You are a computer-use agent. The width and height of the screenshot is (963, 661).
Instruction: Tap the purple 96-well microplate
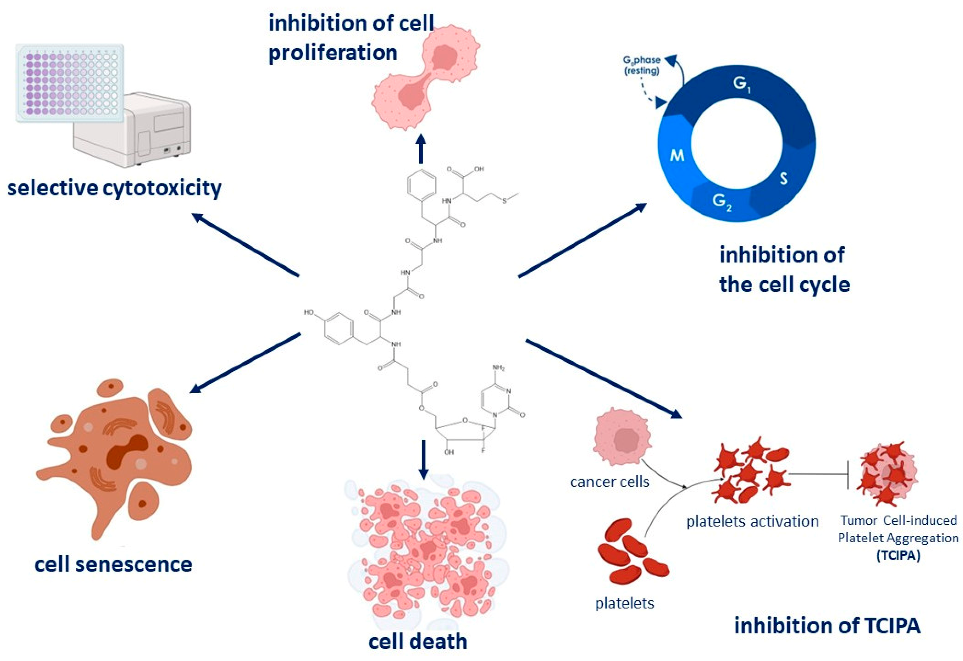click(69, 83)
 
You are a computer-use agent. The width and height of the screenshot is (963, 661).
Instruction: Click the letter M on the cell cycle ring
click(677, 156)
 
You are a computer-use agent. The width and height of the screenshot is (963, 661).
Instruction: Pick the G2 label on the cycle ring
click(722, 202)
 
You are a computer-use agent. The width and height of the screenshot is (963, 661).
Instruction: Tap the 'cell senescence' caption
click(113, 564)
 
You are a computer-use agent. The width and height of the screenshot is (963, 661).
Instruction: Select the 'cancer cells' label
click(609, 482)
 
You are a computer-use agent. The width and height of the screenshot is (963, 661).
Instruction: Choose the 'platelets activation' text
click(752, 521)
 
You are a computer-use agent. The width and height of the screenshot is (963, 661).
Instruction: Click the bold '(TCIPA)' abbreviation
click(898, 555)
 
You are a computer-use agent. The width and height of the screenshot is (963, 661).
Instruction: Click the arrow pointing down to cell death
click(423, 459)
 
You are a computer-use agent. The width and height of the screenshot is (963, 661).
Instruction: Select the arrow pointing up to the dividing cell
click(421, 149)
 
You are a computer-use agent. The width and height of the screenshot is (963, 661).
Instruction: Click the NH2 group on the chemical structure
click(498, 368)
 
